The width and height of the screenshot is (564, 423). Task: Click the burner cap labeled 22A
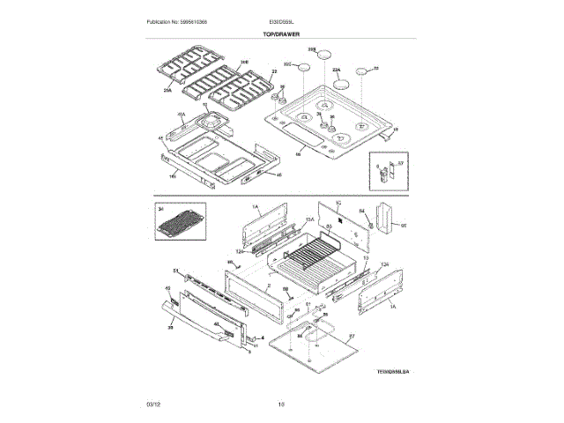pos(341,85)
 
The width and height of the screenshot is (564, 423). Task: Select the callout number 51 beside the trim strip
pos(175,271)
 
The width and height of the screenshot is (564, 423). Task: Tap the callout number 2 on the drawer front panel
pos(267,286)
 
